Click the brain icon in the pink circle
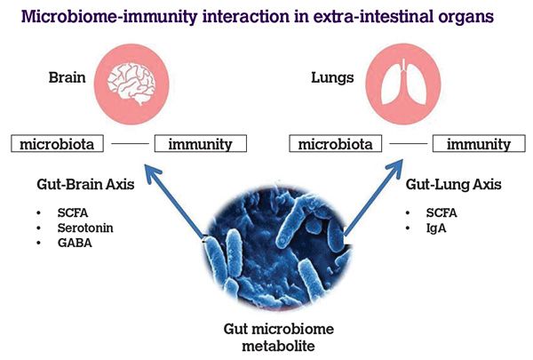pos(131,84)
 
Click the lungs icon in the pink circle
pos(403,84)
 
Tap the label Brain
pos(67,77)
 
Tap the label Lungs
pos(332,78)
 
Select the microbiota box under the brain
pos(57,144)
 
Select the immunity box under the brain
pos(201,144)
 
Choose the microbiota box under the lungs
pos(336,144)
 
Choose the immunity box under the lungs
pos(479,144)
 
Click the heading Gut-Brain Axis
pos(85,184)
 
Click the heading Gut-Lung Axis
pos(453,184)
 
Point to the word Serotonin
pos(85,228)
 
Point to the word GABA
pos(75,243)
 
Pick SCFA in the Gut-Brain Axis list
pos(73,212)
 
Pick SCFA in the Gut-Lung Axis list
pos(442,212)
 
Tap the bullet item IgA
pos(436,228)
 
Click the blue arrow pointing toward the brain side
pos(174,202)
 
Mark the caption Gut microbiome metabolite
pos(278,337)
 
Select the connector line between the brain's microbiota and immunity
pos(130,144)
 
